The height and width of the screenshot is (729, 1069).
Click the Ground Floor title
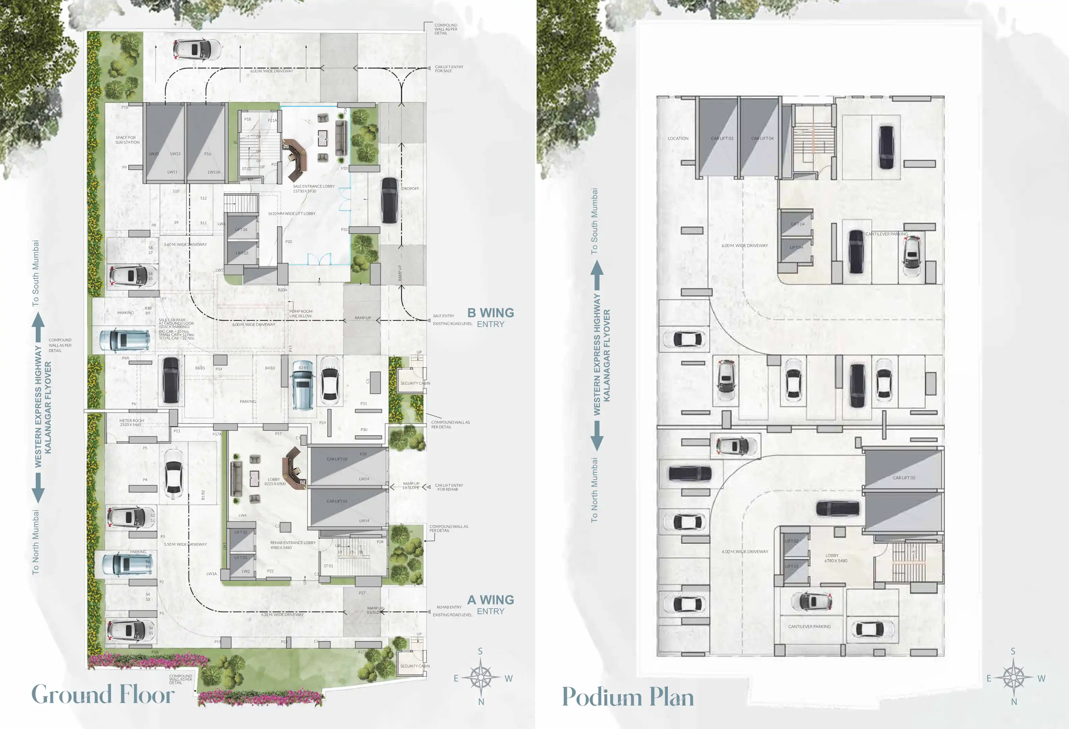103,695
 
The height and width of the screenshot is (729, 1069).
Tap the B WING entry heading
490,313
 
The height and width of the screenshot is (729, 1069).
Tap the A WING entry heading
490,600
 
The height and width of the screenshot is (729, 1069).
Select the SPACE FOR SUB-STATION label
127,140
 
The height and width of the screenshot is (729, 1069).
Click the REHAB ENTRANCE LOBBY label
293,545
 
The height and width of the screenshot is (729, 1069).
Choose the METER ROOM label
132,422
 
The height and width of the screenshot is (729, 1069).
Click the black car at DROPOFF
389,200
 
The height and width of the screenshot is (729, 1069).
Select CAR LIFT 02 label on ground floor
337,459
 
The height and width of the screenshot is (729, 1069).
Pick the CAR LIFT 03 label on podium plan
722,138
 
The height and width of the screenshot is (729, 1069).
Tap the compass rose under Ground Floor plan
481,677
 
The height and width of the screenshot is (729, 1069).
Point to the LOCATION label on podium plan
678,138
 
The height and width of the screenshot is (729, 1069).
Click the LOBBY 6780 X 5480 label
835,558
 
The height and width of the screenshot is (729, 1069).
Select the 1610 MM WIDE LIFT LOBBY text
292,213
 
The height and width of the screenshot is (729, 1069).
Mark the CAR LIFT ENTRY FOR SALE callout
448,69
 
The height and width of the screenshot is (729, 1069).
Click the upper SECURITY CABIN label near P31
415,383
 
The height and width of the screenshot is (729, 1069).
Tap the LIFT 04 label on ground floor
241,230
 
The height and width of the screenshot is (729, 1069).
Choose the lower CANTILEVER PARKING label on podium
809,626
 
